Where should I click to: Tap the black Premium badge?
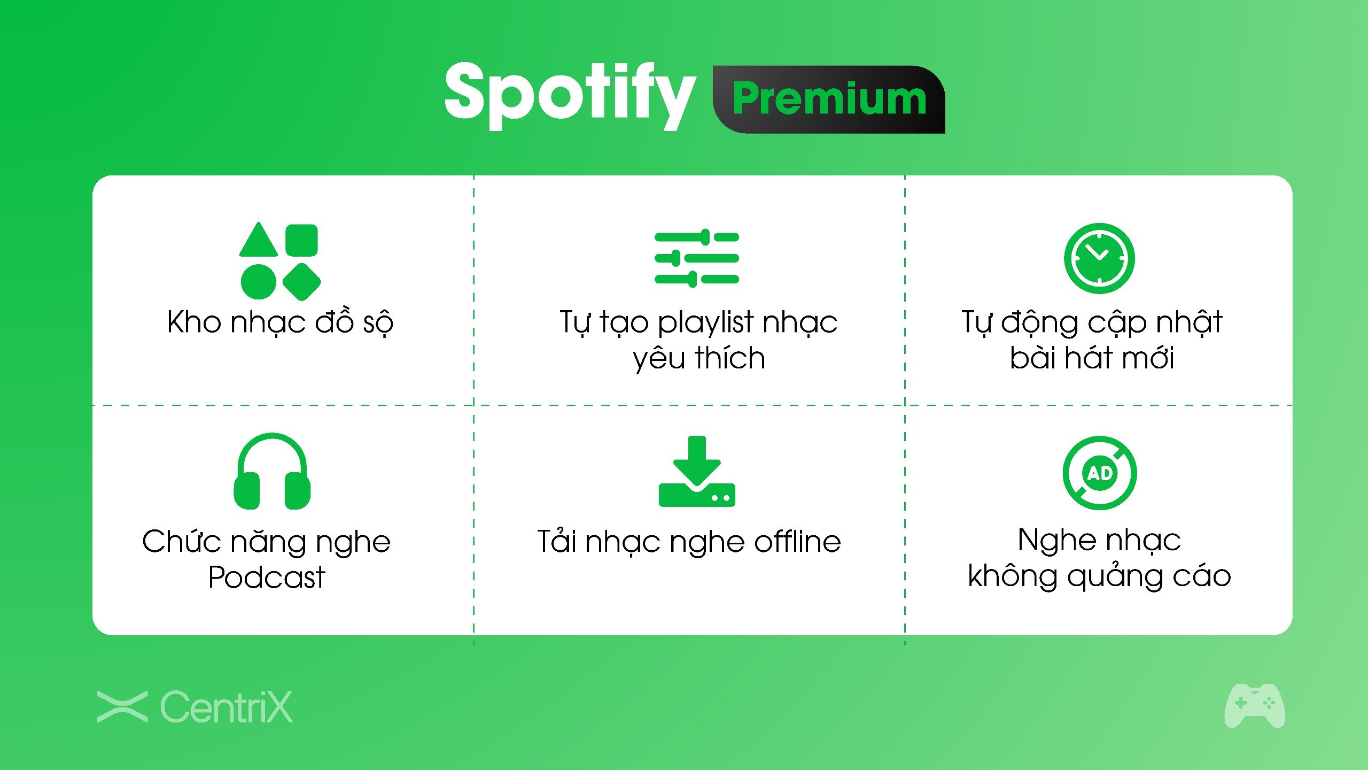(829, 99)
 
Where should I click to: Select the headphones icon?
(272, 471)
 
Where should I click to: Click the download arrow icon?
(697, 471)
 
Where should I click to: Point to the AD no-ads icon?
(1099, 473)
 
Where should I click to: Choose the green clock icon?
(1099, 258)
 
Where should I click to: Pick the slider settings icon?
(697, 258)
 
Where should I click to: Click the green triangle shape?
(259, 239)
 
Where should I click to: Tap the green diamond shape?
(301, 282)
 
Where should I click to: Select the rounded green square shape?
(301, 240)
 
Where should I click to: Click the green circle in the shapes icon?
(259, 282)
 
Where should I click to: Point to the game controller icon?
(1255, 705)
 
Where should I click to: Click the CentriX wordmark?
(227, 707)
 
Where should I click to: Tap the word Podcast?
(267, 577)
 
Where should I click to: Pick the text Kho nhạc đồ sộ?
(281, 322)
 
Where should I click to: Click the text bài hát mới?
(1092, 357)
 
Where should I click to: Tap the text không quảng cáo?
(1099, 576)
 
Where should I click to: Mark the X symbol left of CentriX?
(122, 706)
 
